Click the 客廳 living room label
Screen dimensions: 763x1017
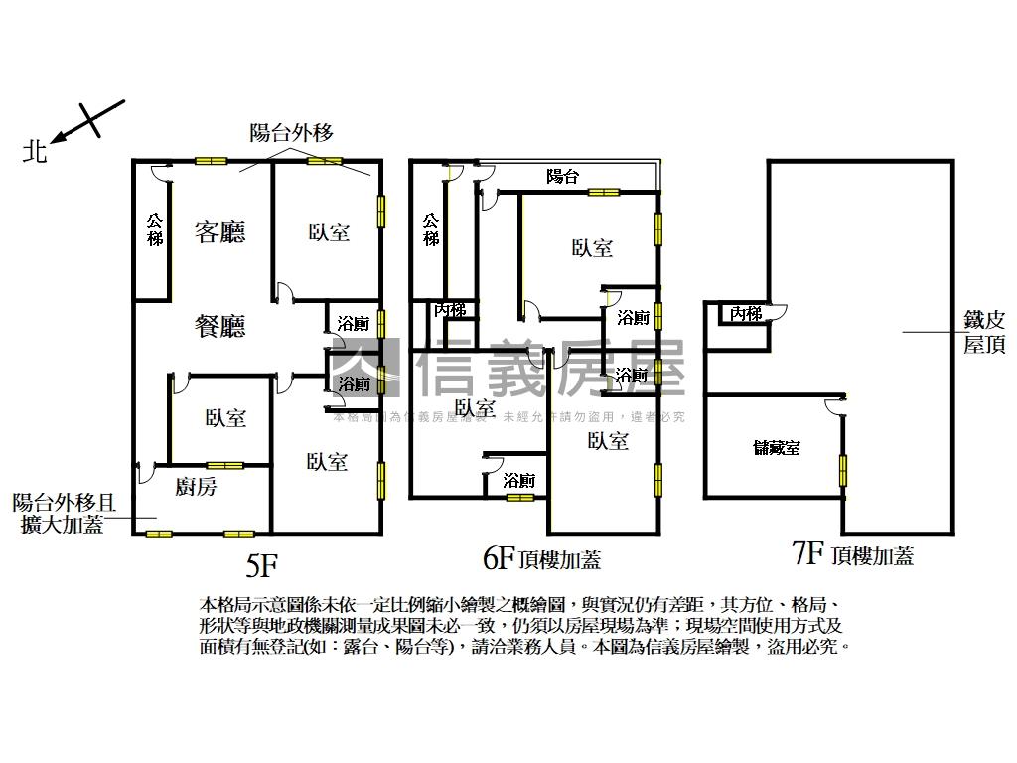[x=220, y=232]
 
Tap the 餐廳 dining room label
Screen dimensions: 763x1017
[x=220, y=326]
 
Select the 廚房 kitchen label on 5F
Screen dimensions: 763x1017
[x=196, y=487]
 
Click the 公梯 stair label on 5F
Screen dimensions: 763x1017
[x=154, y=230]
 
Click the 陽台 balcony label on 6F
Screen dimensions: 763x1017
[x=563, y=177]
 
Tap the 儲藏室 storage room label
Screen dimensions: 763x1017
[x=777, y=448]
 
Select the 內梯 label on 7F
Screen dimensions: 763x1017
[x=745, y=314]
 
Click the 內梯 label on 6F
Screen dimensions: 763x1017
[x=450, y=310]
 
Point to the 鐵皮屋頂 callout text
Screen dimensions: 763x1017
[x=984, y=333]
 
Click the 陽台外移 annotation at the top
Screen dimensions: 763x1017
[x=291, y=132]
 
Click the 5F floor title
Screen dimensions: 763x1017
[x=261, y=566]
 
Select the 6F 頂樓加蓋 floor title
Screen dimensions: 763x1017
[x=541, y=560]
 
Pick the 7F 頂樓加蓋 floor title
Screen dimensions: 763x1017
[x=853, y=554]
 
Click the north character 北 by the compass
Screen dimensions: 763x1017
[x=37, y=151]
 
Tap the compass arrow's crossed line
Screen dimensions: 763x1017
[x=95, y=119]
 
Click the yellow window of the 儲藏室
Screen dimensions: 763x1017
[x=844, y=470]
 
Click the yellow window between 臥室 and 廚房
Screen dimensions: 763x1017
[x=224, y=465]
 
